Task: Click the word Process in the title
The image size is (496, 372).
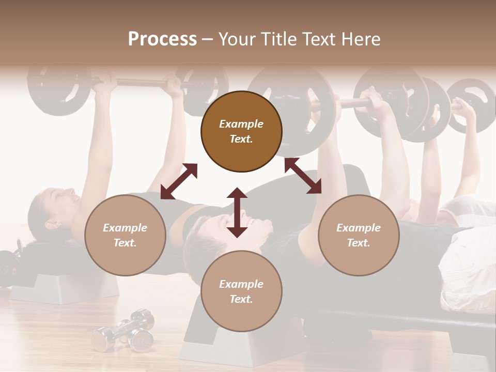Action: click(x=162, y=39)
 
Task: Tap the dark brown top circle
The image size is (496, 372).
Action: click(x=241, y=131)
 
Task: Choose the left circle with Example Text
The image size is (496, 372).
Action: click(x=125, y=235)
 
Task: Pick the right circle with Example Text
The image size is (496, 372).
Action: click(x=359, y=235)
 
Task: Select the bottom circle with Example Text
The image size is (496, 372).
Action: click(x=241, y=291)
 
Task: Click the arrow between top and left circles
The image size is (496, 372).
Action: click(x=179, y=181)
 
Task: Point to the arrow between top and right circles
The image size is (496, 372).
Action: click(x=303, y=176)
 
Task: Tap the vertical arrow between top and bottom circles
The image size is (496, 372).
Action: click(x=237, y=212)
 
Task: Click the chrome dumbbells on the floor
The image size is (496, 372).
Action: click(x=124, y=331)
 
